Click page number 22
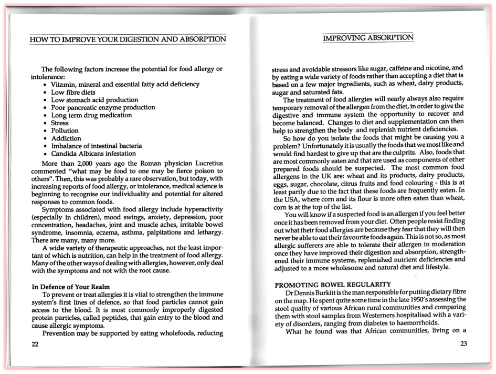coord(35,345)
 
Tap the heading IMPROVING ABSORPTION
coord(368,38)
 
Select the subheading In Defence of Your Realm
coord(70,287)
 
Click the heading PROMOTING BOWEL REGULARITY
coord(333,285)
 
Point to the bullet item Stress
coord(60,123)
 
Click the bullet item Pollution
coord(65,130)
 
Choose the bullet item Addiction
coord(66,138)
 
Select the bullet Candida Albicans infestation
coord(93,154)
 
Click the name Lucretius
coord(207,163)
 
